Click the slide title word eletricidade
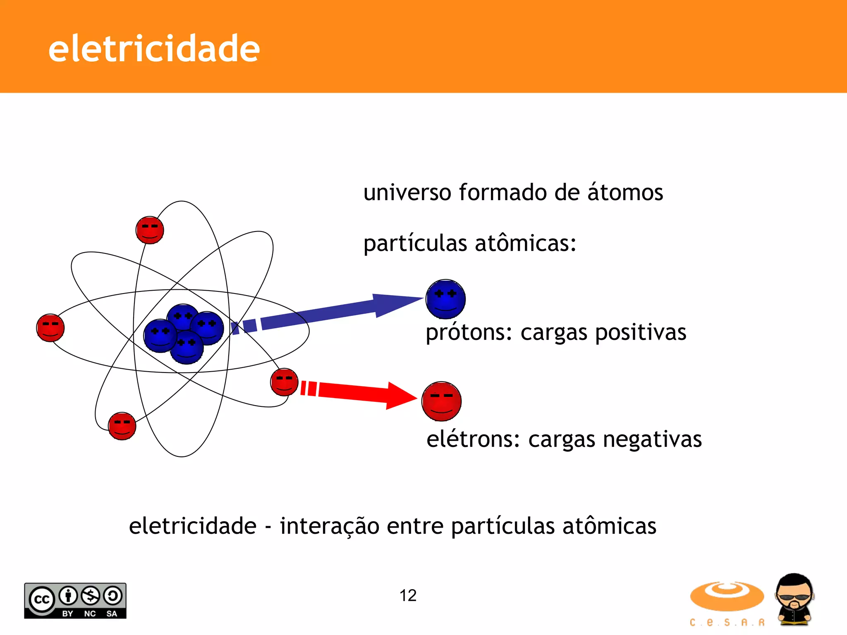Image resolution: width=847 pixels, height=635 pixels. pyautogui.click(x=154, y=49)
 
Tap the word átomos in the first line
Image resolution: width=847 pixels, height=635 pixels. pyautogui.click(x=625, y=193)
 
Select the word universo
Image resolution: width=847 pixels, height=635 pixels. pyautogui.click(x=407, y=193)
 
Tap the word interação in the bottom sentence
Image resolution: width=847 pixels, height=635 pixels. pyautogui.click(x=329, y=526)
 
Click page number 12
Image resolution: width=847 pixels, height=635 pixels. pyautogui.click(x=408, y=595)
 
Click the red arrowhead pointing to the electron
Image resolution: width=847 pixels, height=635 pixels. pyautogui.click(x=400, y=396)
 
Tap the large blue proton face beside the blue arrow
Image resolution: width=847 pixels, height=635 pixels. pyautogui.click(x=445, y=299)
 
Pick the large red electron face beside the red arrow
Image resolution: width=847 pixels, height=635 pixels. pyautogui.click(x=441, y=401)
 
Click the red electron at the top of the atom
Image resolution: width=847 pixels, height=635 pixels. pyautogui.click(x=150, y=230)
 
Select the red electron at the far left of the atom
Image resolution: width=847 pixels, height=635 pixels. pyautogui.click(x=50, y=327)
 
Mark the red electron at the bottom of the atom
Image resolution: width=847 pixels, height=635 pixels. pyautogui.click(x=122, y=426)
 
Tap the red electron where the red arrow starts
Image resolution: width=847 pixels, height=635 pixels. pyautogui.click(x=284, y=382)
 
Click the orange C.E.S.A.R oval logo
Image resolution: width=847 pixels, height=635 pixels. pyautogui.click(x=727, y=596)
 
